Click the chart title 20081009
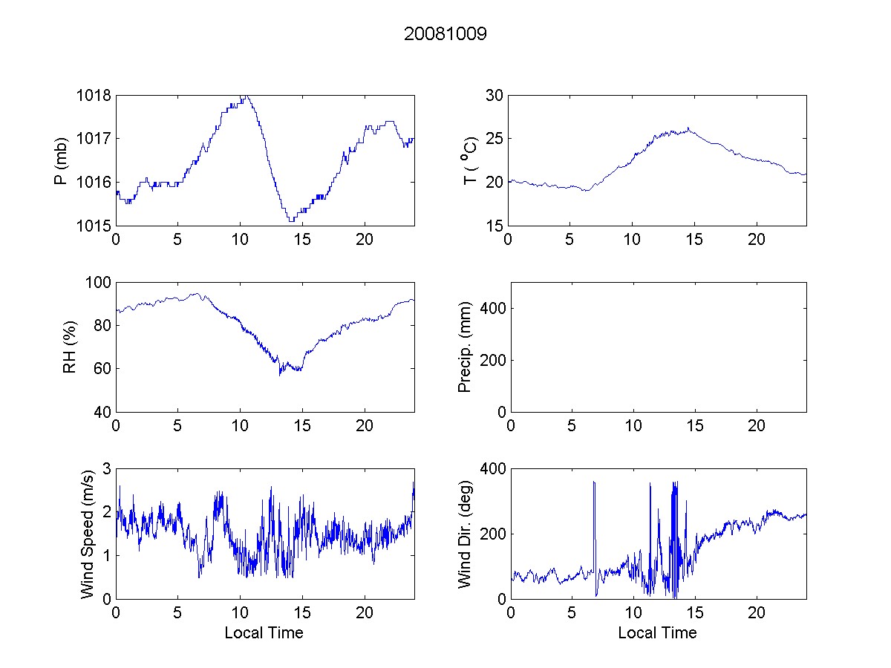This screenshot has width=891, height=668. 445,34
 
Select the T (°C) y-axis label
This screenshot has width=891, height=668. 469,160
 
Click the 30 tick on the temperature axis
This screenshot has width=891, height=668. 495,96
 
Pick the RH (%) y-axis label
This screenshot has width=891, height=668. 70,347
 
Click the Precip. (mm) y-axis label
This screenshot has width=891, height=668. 465,347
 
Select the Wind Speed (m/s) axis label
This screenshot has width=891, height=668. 88,533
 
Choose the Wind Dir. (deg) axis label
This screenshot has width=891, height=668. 465,533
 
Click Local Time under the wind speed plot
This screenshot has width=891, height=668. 264,632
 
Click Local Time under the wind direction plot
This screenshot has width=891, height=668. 657,632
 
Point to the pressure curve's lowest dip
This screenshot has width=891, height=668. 291,220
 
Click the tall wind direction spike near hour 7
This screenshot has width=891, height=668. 594,484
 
